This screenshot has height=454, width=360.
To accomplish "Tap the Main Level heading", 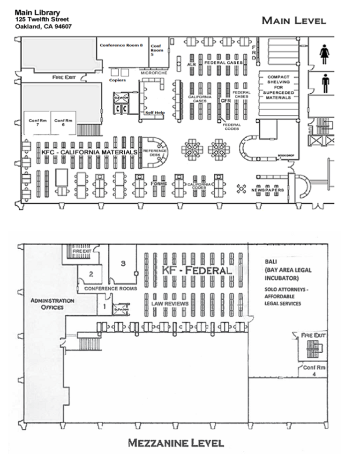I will click(x=293, y=20).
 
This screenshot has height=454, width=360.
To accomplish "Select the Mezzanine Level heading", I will click(x=176, y=442).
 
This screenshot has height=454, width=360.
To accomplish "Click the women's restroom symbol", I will click(x=324, y=54).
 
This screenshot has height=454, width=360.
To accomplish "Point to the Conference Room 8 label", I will click(x=121, y=45).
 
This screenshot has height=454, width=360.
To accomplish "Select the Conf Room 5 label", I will click(x=157, y=50).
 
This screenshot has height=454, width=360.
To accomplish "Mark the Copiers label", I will click(x=118, y=81).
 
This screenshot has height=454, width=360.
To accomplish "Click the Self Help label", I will click(x=154, y=113).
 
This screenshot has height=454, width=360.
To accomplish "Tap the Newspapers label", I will click(x=268, y=190).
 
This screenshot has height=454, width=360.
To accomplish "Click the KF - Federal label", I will click(x=197, y=271).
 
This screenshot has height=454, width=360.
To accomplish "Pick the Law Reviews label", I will click(x=170, y=304).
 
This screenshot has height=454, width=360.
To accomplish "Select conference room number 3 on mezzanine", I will click(x=123, y=264).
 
